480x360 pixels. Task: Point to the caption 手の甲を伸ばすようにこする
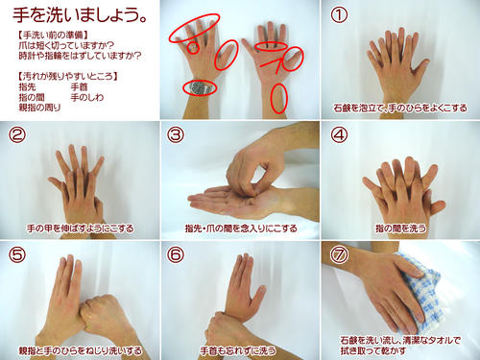click(80, 228)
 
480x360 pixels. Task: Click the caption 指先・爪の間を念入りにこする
click(239, 228)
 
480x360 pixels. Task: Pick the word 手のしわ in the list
click(91, 97)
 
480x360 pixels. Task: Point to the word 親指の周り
click(39, 108)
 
